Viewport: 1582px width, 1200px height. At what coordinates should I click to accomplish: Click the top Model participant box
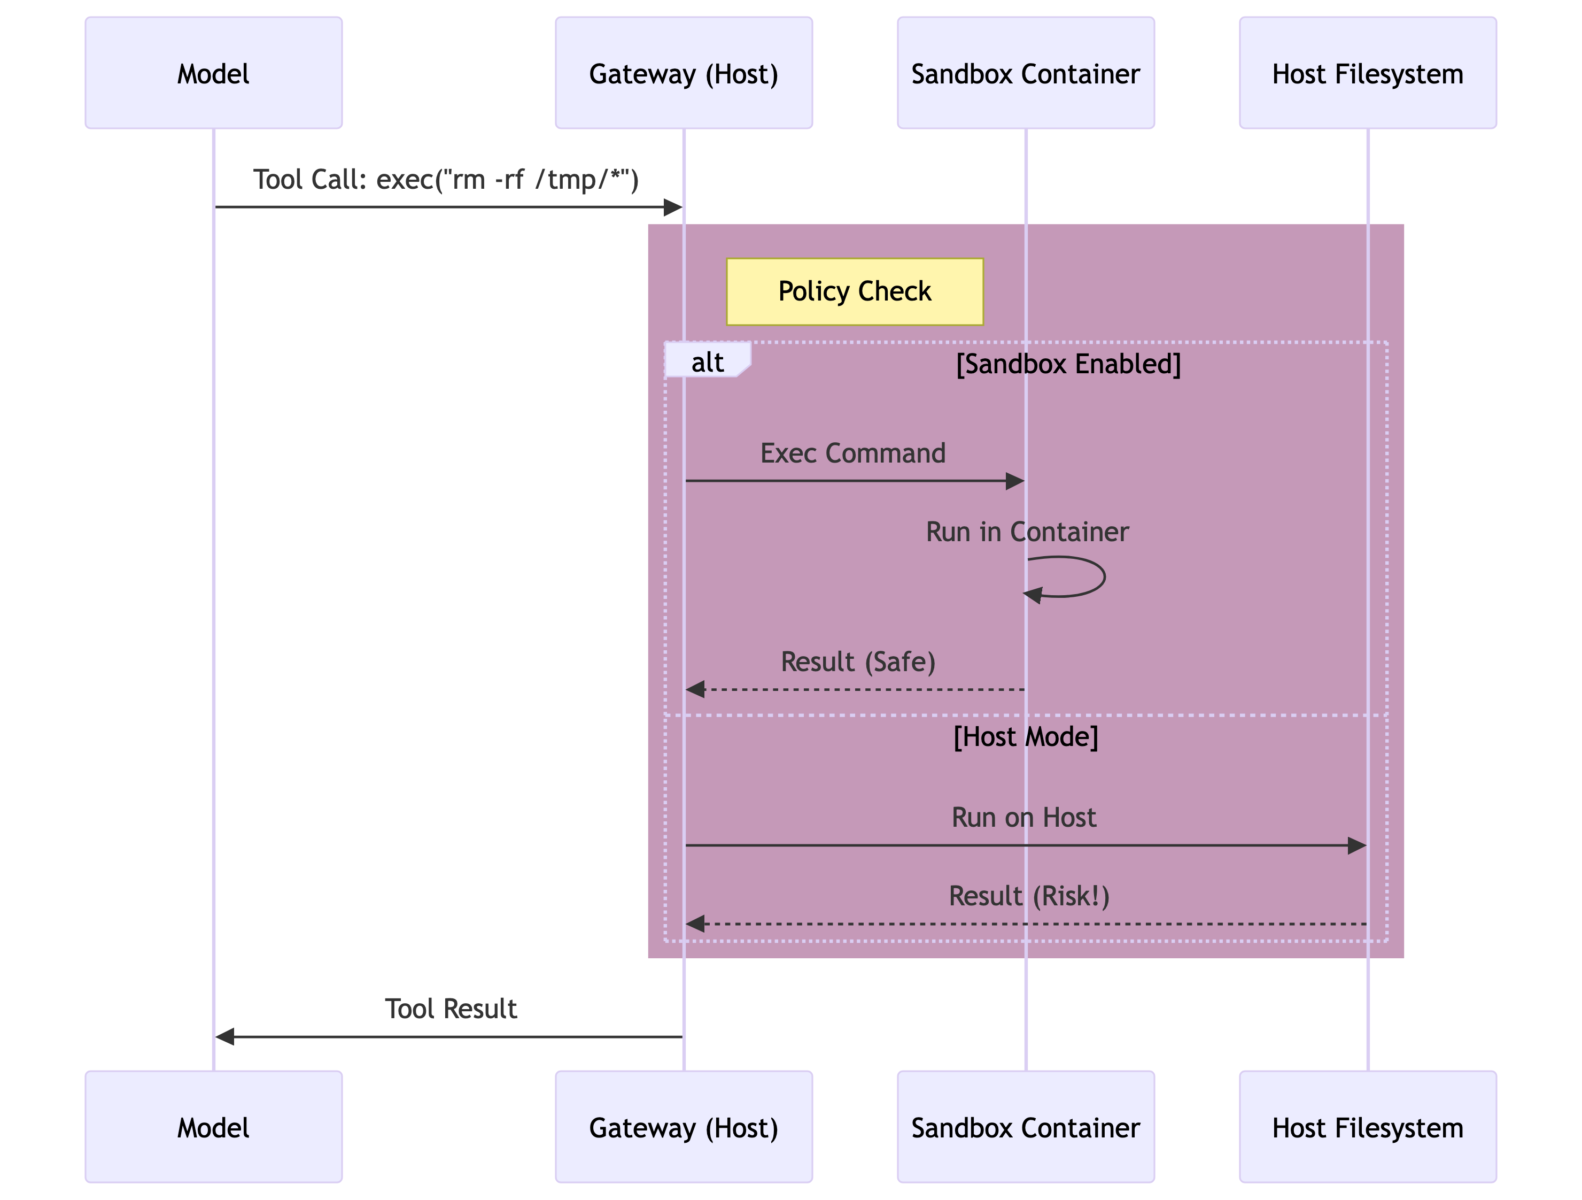(213, 73)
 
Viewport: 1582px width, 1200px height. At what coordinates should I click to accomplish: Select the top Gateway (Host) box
(683, 73)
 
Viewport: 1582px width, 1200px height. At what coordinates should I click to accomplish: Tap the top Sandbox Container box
(1025, 73)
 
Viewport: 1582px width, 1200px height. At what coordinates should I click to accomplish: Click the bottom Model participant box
(213, 1127)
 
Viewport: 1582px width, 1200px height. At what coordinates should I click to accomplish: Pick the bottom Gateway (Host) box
(683, 1127)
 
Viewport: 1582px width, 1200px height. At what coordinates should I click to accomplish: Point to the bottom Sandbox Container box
(1025, 1127)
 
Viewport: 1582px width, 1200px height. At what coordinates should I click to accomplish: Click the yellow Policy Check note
(854, 291)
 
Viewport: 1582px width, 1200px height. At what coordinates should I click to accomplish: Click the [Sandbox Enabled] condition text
(1068, 364)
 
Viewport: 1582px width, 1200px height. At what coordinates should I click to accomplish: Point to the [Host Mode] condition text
(1025, 736)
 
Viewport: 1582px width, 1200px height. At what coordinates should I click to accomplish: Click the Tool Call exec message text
(446, 180)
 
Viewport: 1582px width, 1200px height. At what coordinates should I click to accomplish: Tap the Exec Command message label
(852, 453)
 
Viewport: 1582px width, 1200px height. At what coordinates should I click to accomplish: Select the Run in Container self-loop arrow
(1073, 577)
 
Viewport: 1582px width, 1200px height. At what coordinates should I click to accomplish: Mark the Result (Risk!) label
(1028, 896)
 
